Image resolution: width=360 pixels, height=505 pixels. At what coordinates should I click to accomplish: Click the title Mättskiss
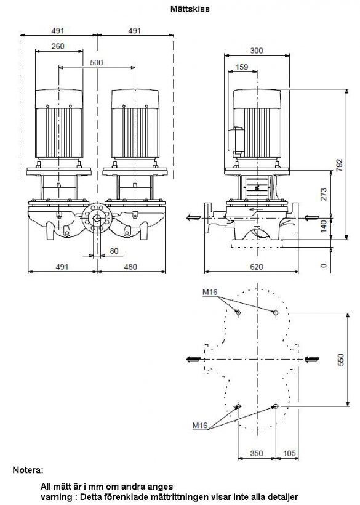[x=190, y=9]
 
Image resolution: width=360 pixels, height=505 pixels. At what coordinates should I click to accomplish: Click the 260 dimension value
[x=58, y=46]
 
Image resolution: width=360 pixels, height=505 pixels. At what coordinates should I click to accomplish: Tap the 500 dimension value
[x=97, y=62]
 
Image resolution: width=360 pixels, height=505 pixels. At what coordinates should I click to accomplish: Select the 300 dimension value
[x=257, y=50]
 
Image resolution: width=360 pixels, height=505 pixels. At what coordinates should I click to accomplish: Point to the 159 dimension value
[x=242, y=67]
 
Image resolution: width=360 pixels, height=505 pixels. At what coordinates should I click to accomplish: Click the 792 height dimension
[x=340, y=164]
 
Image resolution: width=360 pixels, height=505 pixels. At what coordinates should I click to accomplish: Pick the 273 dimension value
[x=324, y=194]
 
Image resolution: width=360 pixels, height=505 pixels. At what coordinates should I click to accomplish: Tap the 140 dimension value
[x=324, y=226]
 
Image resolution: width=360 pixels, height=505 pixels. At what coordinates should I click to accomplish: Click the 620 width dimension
[x=257, y=267]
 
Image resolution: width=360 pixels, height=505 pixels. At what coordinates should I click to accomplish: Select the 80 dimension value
[x=114, y=251]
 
